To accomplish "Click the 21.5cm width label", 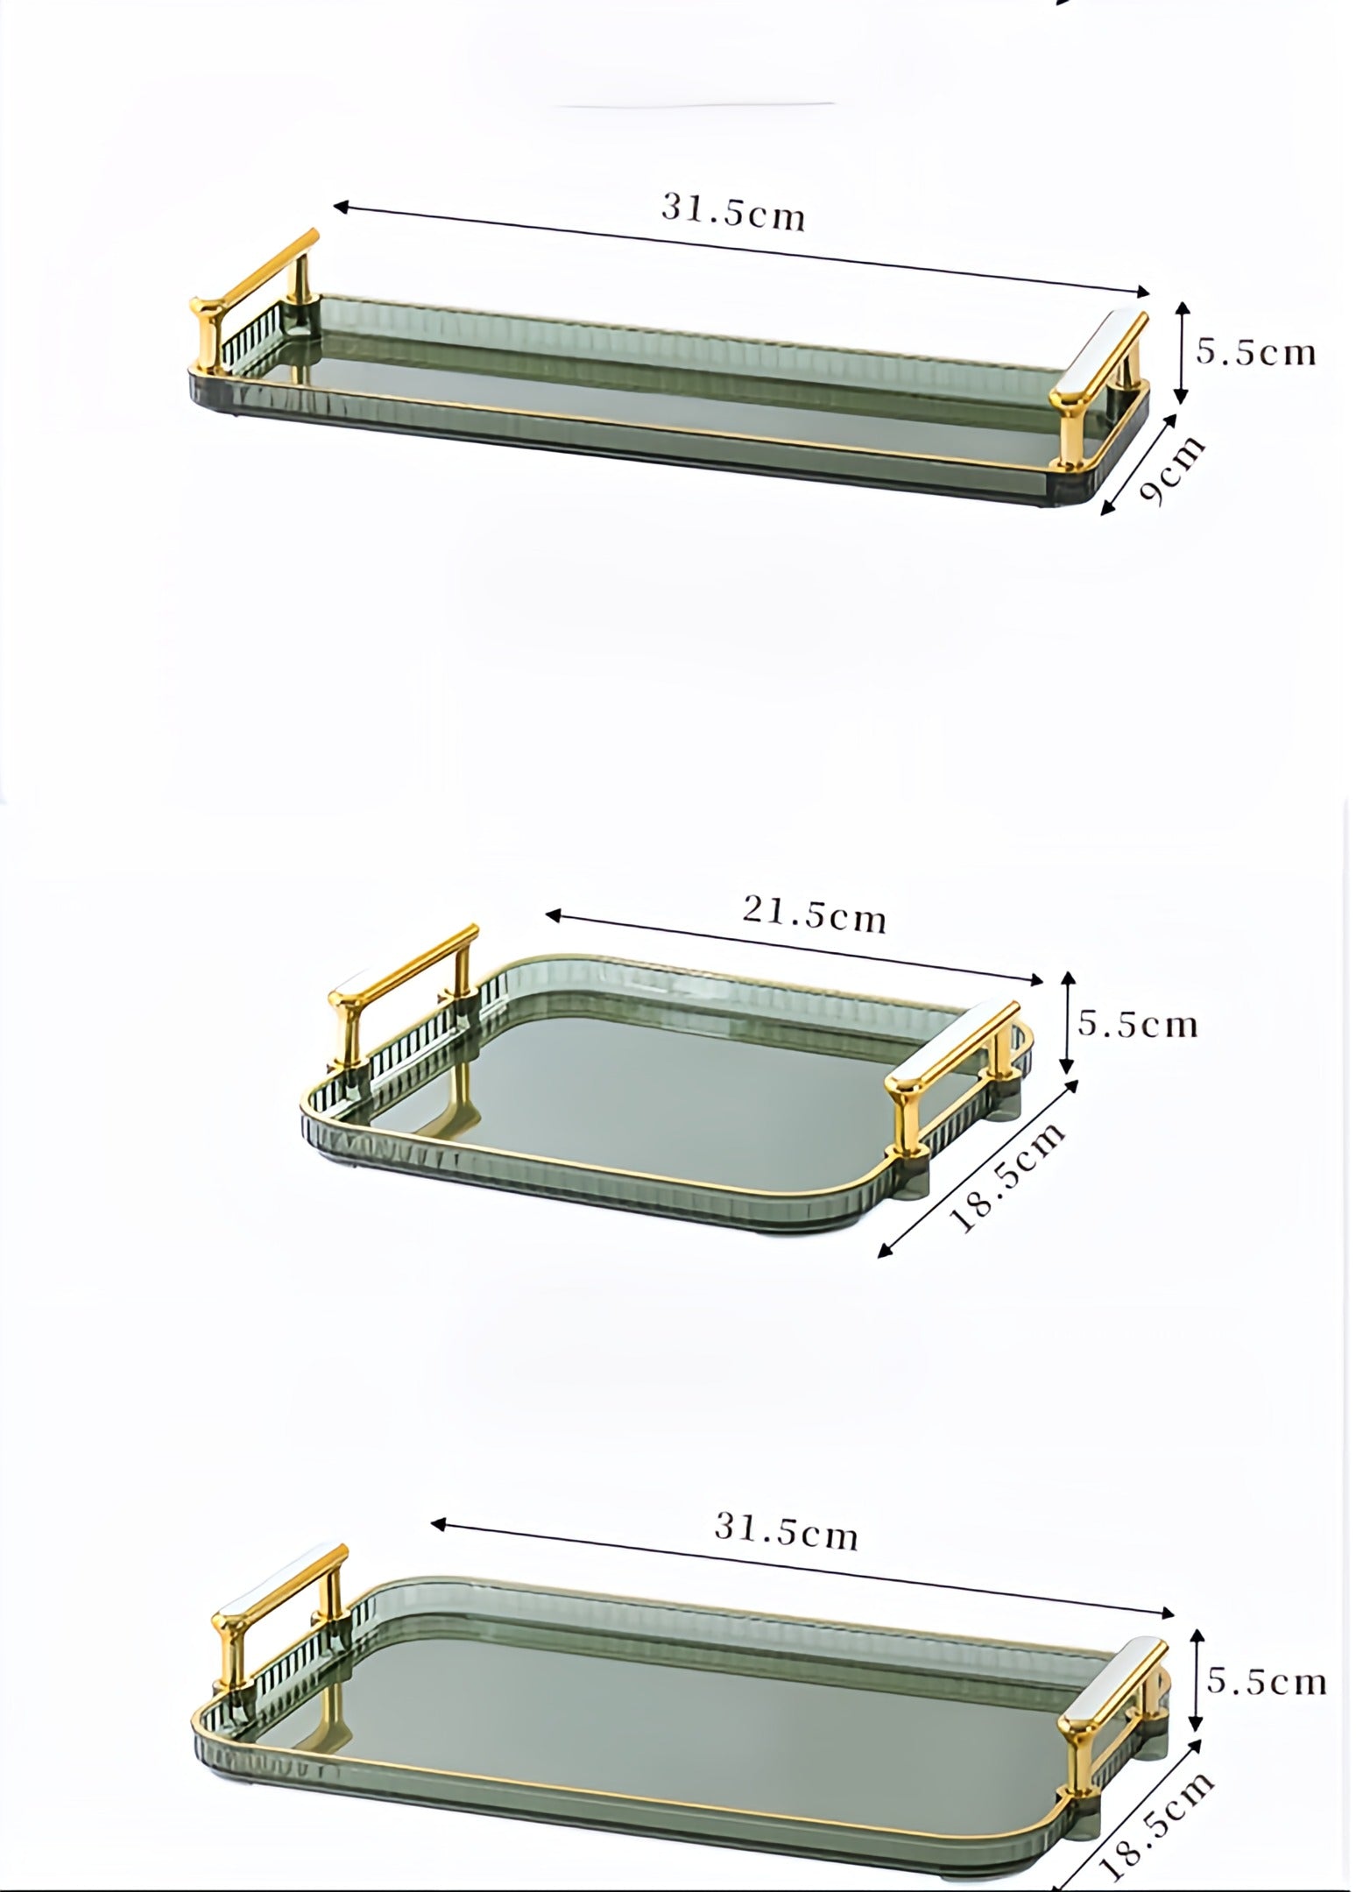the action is point(815,915).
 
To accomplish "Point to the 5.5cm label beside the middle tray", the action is point(1137,1024).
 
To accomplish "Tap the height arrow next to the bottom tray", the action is point(1197,1679).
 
